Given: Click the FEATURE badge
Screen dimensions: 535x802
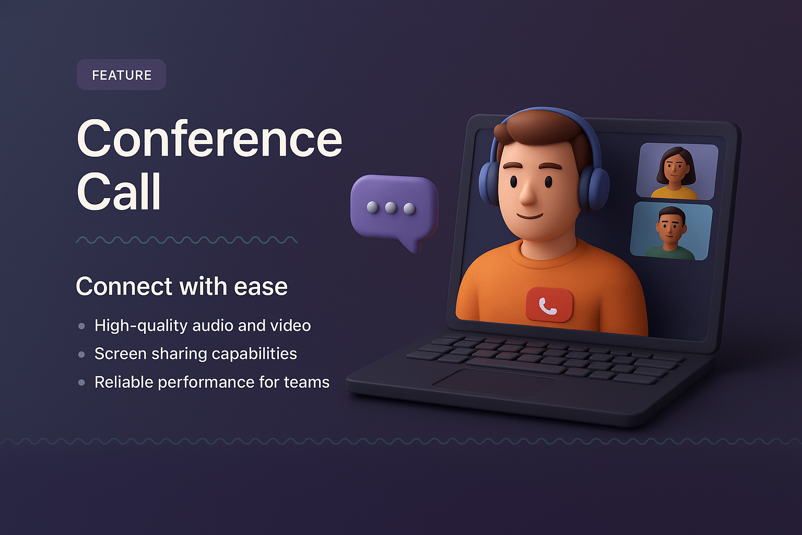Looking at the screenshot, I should pos(121,75).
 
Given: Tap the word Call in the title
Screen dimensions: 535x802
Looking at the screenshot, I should pos(119,191).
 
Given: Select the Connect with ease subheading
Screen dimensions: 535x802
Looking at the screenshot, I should pos(181,286).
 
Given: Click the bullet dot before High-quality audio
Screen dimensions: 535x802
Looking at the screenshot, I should pos(81,326).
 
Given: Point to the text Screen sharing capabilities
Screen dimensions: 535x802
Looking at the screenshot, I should pos(195,354).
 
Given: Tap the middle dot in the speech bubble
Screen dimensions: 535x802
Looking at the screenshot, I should pos(391,208).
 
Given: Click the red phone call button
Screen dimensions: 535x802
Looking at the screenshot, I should pos(549,304).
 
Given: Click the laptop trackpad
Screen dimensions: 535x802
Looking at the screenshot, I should pos(493,382).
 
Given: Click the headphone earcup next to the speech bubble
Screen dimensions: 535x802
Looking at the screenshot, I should pos(489,183).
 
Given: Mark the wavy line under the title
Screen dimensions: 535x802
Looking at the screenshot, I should pos(186,240).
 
